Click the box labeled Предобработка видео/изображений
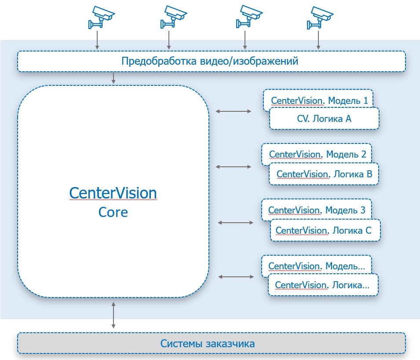pos(211,61)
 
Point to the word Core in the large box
pos(113,212)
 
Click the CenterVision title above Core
pos(113,193)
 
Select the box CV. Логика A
pos(324,119)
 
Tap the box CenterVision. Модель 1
pos(319,100)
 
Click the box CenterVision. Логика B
pos(324,174)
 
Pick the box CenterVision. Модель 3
pos(317,210)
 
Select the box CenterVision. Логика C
pos(324,230)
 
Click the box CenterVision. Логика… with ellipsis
pos(323,285)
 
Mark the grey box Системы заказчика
pos(211,343)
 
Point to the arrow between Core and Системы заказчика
pos(114,315)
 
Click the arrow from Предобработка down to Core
pos(114,78)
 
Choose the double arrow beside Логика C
pos(236,223)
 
